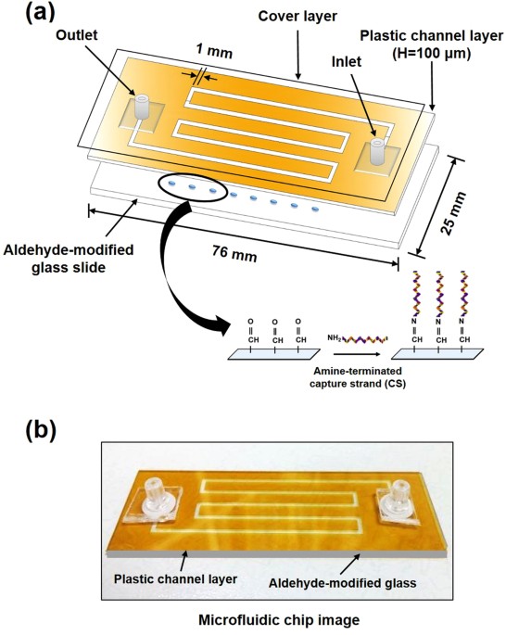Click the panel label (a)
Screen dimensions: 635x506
tap(34, 15)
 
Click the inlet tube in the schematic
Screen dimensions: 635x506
tap(377, 150)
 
